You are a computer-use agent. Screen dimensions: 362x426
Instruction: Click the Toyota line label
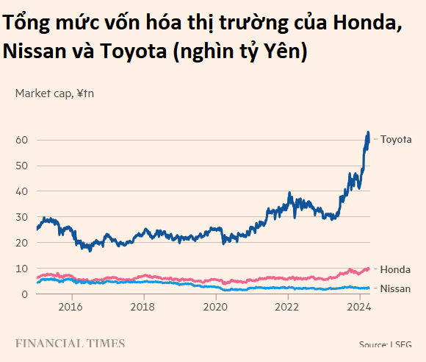(396, 139)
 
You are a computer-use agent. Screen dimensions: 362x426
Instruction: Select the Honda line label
(395, 269)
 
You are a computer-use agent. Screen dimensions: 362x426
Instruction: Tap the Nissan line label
(395, 288)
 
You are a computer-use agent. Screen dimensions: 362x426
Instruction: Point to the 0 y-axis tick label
(24, 294)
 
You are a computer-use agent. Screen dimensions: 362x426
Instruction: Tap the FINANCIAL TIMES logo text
(70, 344)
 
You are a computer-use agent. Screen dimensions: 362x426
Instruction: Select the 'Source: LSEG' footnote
(386, 344)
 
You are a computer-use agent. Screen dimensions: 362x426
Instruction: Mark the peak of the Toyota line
(368, 132)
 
